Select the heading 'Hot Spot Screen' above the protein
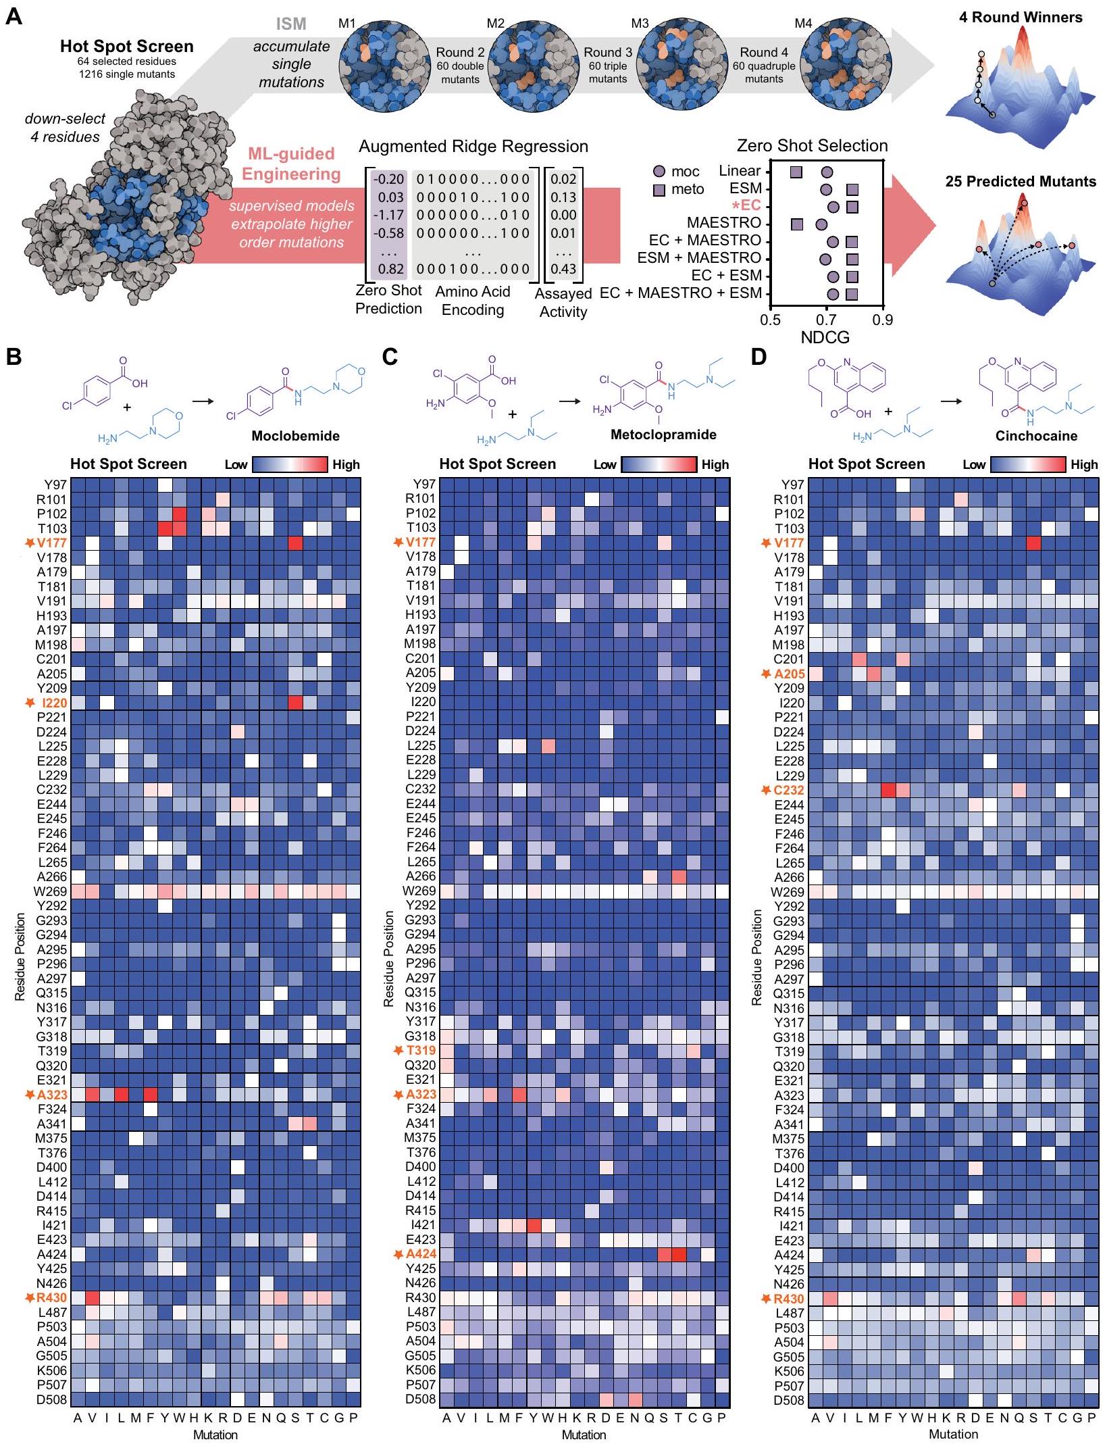126,46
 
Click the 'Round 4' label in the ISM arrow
763,53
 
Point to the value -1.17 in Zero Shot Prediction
388,215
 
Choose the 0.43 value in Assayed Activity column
563,269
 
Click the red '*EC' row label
746,205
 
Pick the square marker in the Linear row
796,172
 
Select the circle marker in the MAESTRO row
821,224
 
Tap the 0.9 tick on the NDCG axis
882,320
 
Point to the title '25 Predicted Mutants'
1020,181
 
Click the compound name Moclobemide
295,436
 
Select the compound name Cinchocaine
1036,436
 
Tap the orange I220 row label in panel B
54,703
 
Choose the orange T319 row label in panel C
421,1051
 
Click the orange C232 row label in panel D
789,790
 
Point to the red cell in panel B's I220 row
295,703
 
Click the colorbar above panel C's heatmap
658,464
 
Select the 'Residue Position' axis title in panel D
756,957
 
